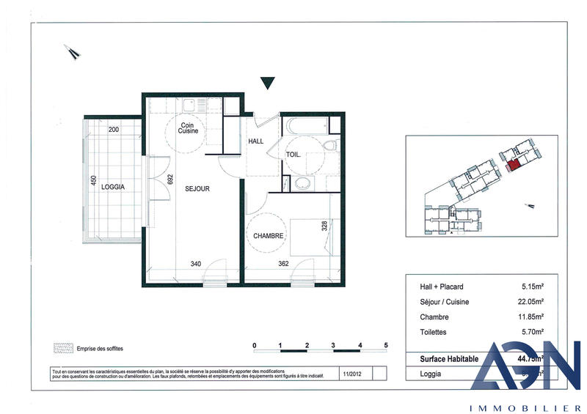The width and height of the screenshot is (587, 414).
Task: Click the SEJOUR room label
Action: point(198,188)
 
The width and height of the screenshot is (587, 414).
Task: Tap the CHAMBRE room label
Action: point(269,235)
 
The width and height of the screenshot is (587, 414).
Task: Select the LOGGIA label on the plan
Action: point(113,187)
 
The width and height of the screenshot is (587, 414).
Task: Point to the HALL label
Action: point(256,141)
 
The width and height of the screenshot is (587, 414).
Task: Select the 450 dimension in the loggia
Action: point(93,181)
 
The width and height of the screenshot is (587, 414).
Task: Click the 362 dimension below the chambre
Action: point(285,264)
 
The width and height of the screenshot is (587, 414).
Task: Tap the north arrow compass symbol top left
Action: point(72,51)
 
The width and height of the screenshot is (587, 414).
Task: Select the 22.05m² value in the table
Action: point(530,302)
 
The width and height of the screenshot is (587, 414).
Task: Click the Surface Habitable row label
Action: point(448,358)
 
